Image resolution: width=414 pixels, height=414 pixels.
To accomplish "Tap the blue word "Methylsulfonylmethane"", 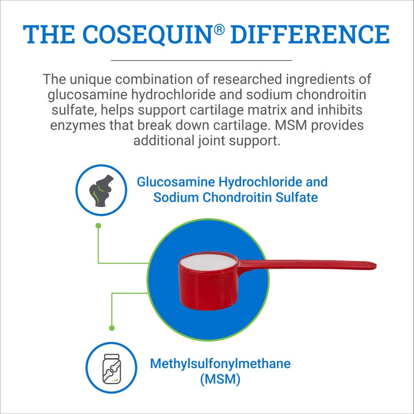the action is pyautogui.click(x=220, y=363).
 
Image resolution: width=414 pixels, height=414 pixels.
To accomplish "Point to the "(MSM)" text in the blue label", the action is pyautogui.click(x=220, y=379).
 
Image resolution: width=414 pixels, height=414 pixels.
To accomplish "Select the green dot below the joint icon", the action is pyautogui.click(x=98, y=226).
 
